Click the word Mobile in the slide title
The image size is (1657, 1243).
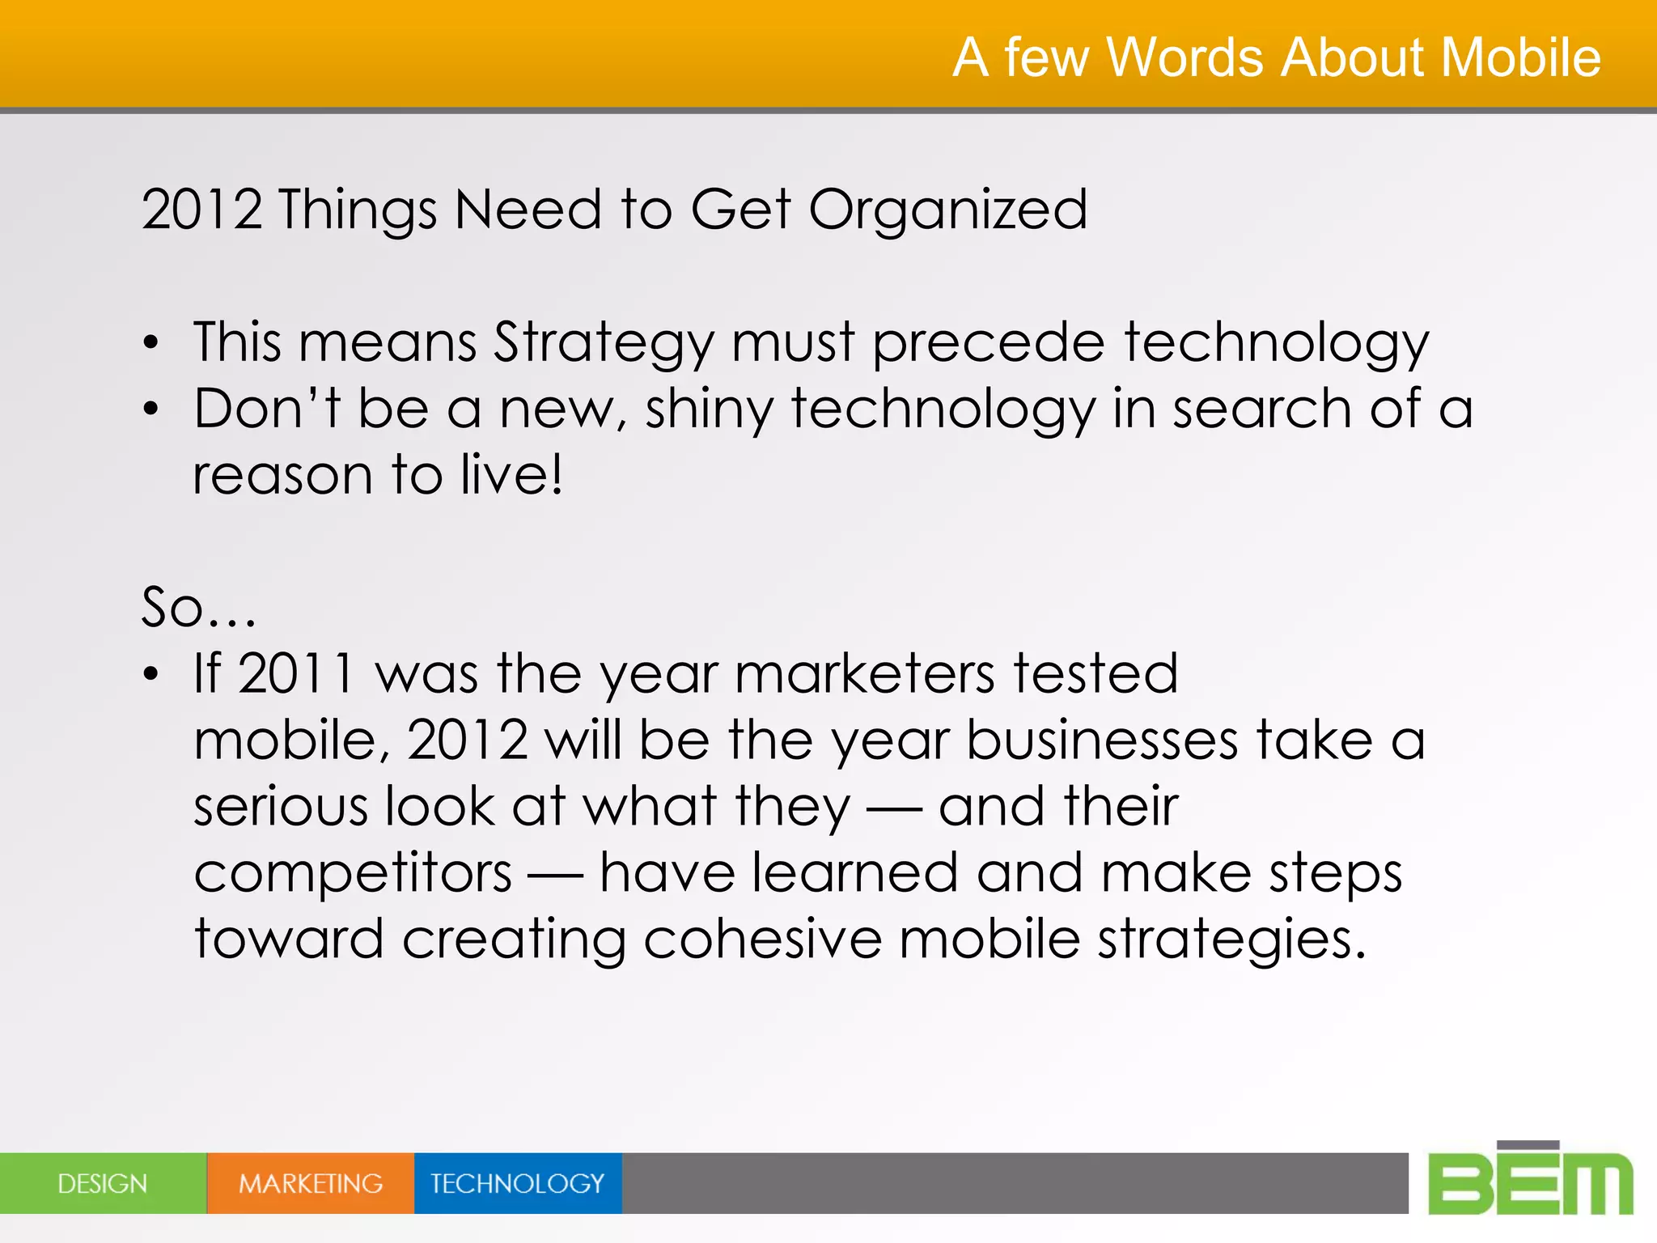point(1520,57)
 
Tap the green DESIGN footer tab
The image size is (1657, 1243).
point(103,1183)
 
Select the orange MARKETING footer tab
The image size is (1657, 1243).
point(311,1183)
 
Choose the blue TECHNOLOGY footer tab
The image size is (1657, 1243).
point(518,1183)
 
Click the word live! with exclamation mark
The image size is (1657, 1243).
point(511,475)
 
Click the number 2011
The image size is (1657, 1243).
point(296,673)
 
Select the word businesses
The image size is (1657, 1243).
point(1102,740)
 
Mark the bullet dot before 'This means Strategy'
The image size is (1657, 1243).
point(150,344)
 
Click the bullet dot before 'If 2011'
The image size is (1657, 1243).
point(150,674)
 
